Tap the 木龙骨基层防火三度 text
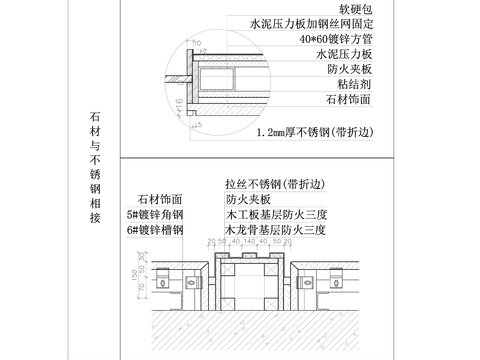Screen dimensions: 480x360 tap(276, 230)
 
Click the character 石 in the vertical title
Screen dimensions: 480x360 tap(95, 118)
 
